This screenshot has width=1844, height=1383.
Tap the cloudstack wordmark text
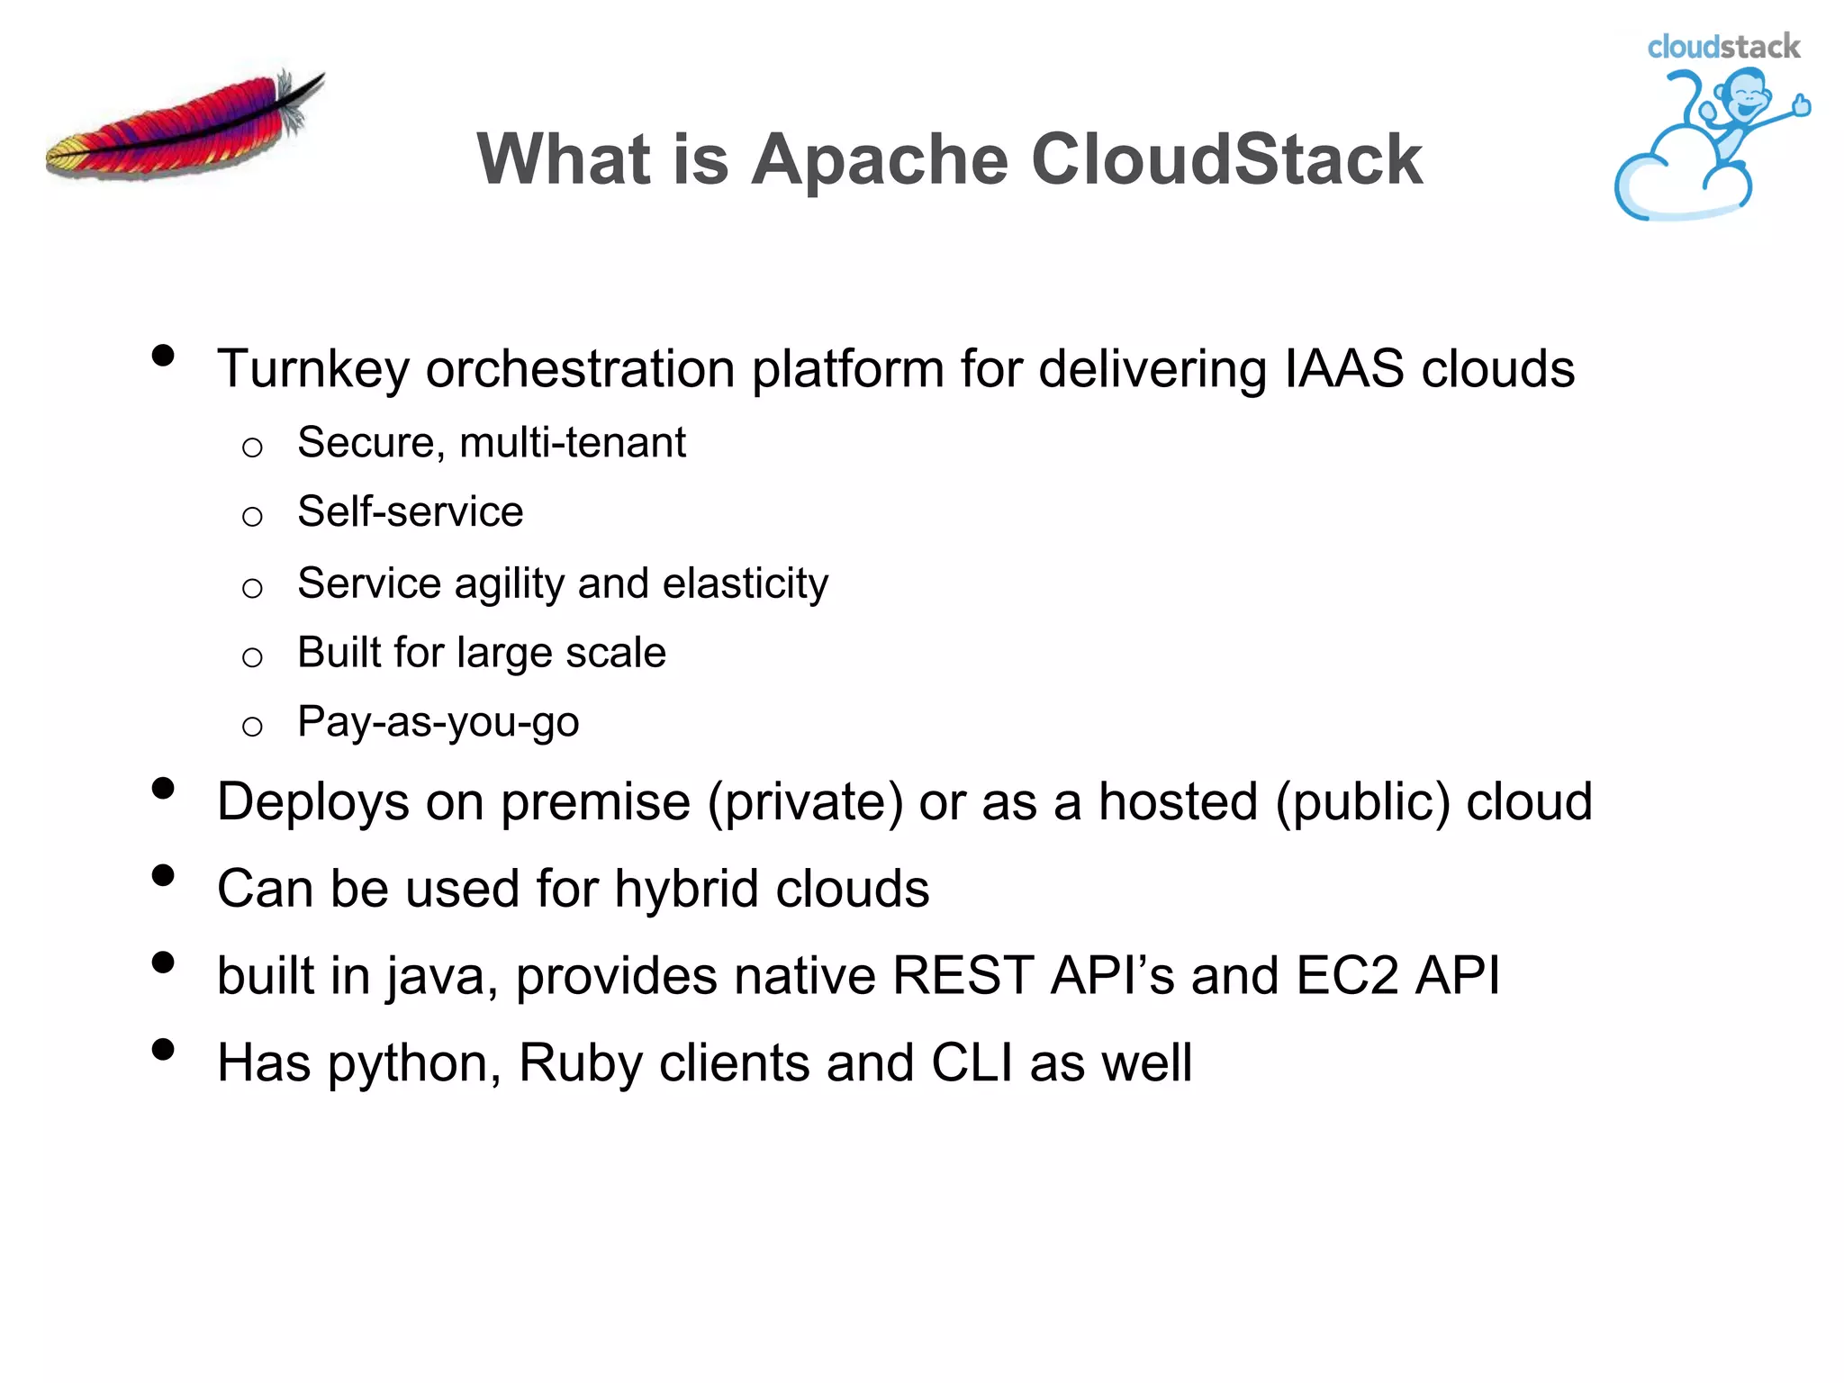pos(1722,47)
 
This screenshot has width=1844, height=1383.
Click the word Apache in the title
pos(880,159)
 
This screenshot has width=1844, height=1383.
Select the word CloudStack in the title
pos(1226,159)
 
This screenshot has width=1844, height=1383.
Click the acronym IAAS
pos(1343,369)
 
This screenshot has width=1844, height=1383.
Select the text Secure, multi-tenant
pos(492,443)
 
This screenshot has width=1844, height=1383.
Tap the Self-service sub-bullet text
pos(410,512)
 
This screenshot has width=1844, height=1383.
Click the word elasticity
pos(746,583)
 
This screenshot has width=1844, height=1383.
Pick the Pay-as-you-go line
pos(438,722)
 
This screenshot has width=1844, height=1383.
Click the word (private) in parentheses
pos(805,802)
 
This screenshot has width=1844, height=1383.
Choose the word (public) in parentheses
pos(1362,802)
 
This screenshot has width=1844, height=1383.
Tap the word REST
pos(963,976)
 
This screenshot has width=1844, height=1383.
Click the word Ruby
pos(581,1063)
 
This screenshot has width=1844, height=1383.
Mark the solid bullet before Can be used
pos(163,876)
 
